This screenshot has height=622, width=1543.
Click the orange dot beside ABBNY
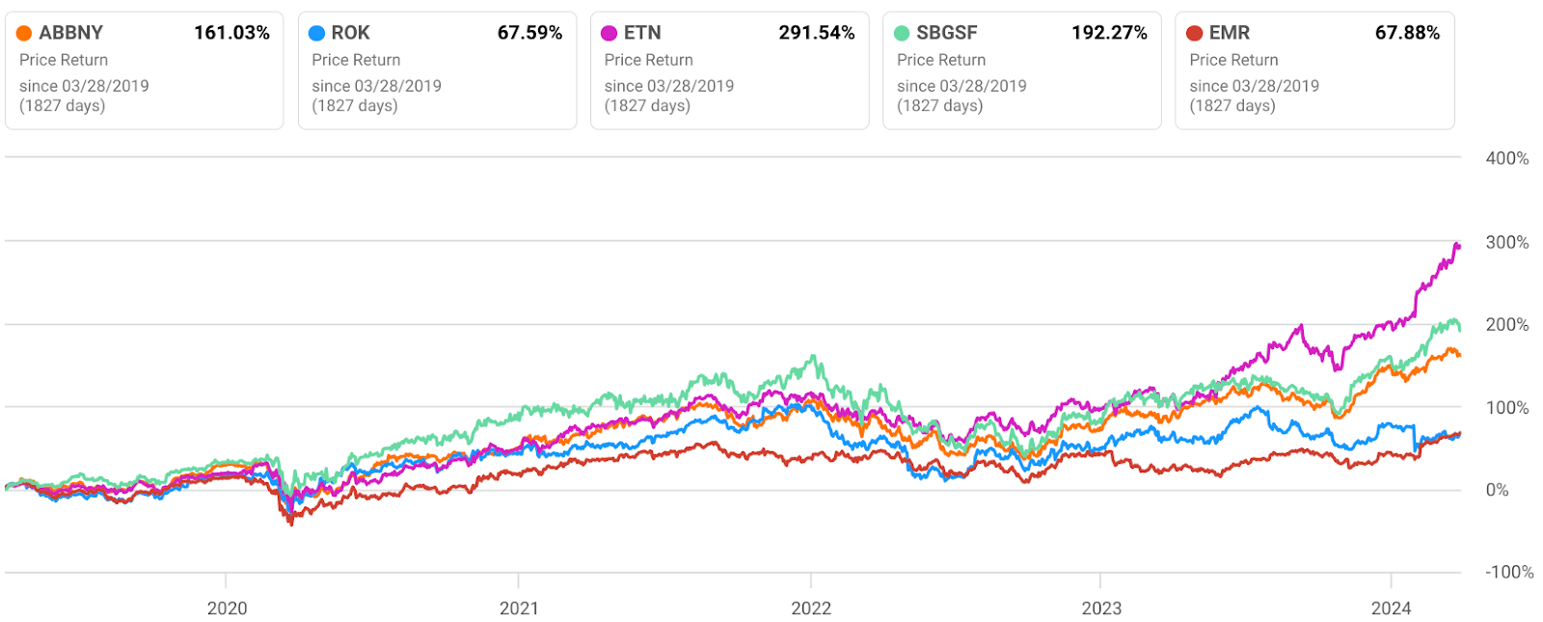click(x=24, y=34)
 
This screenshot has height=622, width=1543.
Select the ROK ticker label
click(x=350, y=33)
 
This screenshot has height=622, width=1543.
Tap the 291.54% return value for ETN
click(x=816, y=33)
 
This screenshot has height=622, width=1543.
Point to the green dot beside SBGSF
click(x=902, y=34)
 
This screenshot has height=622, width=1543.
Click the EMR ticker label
click(x=1229, y=33)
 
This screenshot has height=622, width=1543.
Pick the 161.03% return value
click(x=231, y=33)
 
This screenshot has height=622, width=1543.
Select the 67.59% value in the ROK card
click(x=529, y=33)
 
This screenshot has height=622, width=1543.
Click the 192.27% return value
click(x=1109, y=33)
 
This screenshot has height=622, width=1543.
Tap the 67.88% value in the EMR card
click(x=1407, y=33)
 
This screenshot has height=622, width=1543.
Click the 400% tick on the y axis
click(x=1506, y=158)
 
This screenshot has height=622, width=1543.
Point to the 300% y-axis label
click(x=1506, y=242)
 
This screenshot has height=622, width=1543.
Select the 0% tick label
click(x=1497, y=490)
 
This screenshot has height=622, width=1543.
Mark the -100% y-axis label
click(x=1509, y=572)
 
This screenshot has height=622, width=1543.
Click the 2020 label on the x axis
click(x=227, y=608)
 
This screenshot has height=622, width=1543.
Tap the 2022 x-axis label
click(x=811, y=608)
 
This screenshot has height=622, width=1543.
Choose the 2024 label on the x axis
click(x=1391, y=608)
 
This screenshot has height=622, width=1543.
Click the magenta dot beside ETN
click(x=609, y=34)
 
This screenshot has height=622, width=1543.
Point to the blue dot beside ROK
click(x=316, y=34)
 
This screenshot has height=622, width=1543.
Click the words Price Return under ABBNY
click(x=64, y=60)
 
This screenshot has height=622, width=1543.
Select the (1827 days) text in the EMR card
click(x=1232, y=105)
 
